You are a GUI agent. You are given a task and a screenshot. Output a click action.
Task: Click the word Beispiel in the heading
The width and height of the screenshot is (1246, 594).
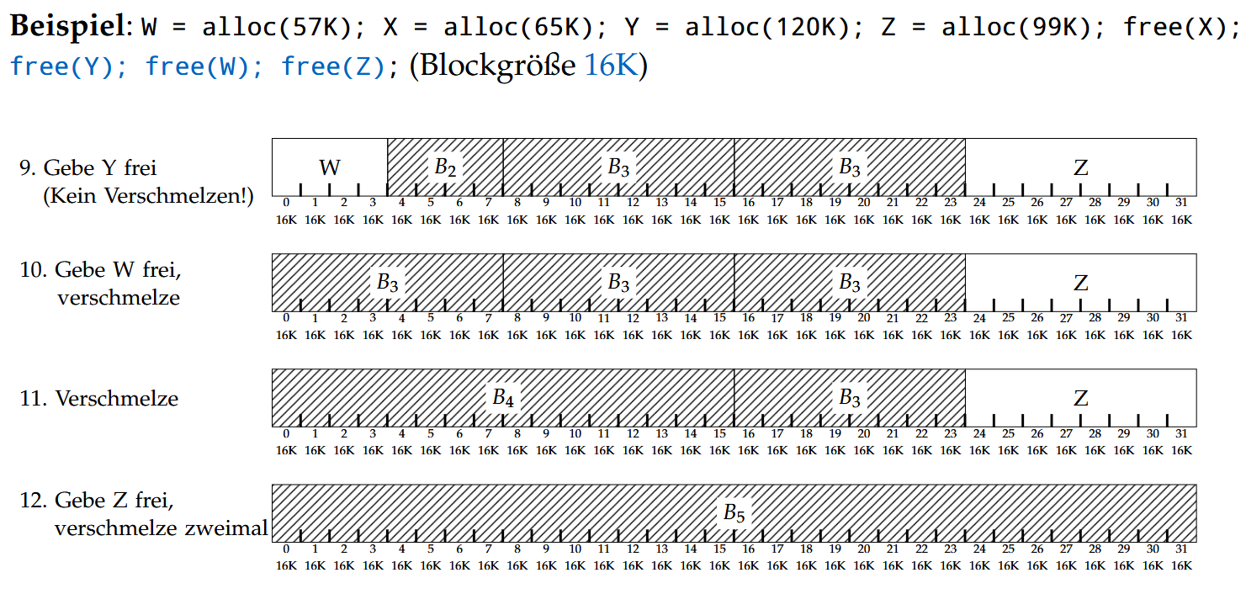pos(66,27)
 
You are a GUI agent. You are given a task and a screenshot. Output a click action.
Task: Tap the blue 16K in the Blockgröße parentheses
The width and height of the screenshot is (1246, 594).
pos(612,66)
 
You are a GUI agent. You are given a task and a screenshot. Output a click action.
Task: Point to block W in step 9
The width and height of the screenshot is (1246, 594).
pos(330,167)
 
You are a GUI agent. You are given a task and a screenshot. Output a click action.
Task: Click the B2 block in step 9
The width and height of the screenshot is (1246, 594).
pos(445,167)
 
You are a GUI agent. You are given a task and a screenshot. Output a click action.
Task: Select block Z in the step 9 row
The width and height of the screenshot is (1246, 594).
pos(1081,167)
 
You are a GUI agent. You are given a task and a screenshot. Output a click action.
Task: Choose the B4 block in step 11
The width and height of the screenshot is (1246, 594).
pos(503,397)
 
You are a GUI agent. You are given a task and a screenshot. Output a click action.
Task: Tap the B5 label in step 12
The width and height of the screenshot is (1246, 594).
pos(734,512)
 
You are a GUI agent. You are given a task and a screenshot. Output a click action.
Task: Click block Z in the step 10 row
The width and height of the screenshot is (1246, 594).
pos(1081,282)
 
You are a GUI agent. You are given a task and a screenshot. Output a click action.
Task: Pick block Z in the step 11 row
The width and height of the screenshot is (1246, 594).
pos(1081,397)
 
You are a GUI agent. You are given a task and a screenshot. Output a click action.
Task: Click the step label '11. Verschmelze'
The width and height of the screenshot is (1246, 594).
pos(99,398)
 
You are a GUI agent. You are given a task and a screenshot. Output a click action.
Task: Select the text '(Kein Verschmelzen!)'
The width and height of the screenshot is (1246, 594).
pos(148,196)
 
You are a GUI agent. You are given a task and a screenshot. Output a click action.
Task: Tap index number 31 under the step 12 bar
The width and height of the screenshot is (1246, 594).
pos(1181,549)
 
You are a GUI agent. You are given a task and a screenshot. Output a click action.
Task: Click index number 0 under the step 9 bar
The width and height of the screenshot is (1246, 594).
pos(286,202)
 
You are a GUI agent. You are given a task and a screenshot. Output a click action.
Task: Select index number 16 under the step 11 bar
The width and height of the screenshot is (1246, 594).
pos(748,433)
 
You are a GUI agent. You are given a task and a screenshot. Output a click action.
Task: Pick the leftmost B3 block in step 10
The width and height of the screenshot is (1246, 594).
pos(387,282)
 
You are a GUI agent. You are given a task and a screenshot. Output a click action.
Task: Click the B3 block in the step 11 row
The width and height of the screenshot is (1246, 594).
pos(850,397)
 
